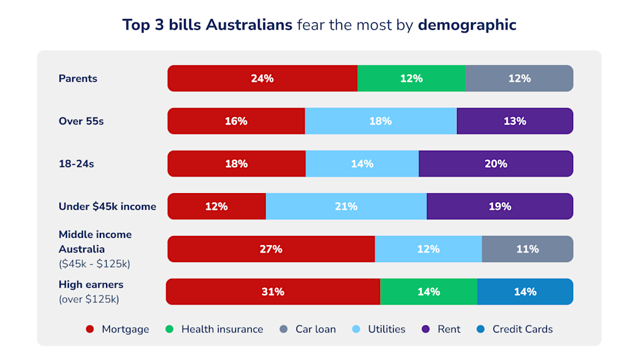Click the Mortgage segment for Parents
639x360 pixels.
[262, 79]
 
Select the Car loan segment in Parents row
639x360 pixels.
[519, 79]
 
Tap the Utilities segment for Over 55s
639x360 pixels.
[380, 121]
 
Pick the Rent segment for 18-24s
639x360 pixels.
[496, 164]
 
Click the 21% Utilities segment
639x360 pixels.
[346, 207]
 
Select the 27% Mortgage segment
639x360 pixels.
[271, 249]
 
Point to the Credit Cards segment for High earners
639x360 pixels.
[525, 292]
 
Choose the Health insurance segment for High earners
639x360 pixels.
[428, 292]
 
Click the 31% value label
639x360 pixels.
[273, 292]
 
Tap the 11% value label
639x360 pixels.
[527, 249]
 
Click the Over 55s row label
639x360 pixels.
[81, 121]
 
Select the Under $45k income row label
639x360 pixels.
[107, 207]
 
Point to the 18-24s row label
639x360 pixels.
[76, 164]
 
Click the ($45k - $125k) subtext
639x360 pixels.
[95, 263]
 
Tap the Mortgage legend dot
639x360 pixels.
[90, 329]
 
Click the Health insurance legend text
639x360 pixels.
[222, 329]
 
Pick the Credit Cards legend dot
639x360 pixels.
[481, 329]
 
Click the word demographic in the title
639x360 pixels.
[467, 25]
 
